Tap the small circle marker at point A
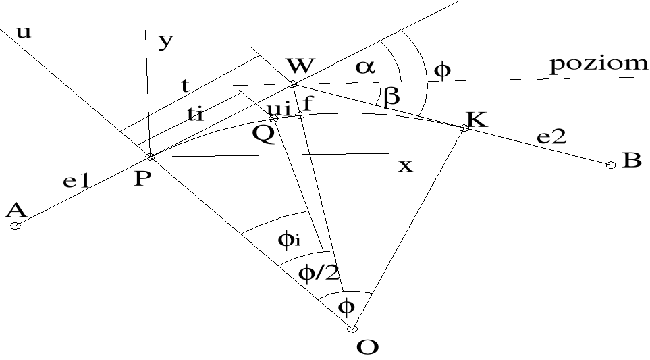pyautogui.click(x=16, y=226)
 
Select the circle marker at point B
pyautogui.click(x=611, y=165)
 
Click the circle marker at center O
pyautogui.click(x=352, y=329)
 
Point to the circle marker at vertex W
pyautogui.click(x=292, y=84)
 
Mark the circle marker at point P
pyautogui.click(x=150, y=157)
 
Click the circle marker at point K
pyautogui.click(x=464, y=128)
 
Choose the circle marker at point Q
pyautogui.click(x=274, y=118)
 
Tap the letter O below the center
pyautogui.click(x=367, y=347)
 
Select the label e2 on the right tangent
pyautogui.click(x=552, y=137)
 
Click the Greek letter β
pyautogui.click(x=391, y=97)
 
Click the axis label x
pyautogui.click(x=404, y=166)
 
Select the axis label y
pyautogui.click(x=165, y=43)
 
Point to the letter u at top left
pyautogui.click(x=24, y=32)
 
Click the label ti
pyautogui.click(x=195, y=115)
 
